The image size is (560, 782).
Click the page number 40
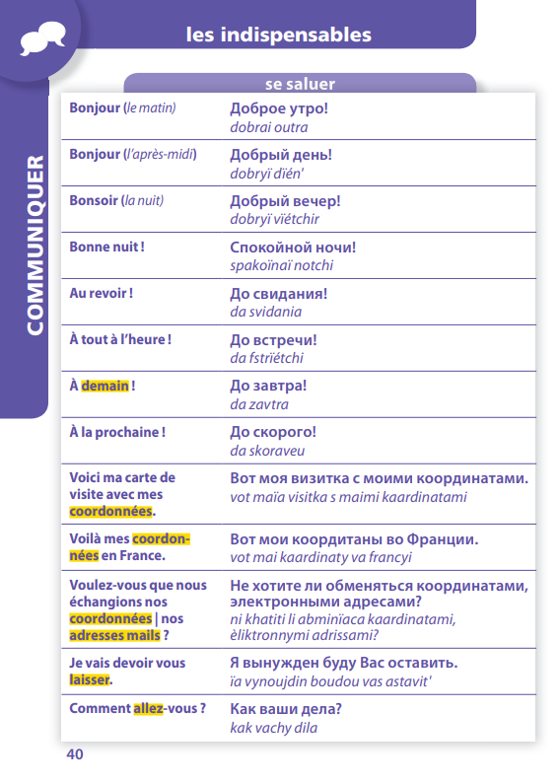pos(76,754)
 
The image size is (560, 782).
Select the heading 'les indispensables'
pos(279,36)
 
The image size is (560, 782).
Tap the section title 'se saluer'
pos(300,85)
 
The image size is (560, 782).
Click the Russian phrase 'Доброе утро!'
pos(278,108)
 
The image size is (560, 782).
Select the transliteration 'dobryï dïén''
pos(267,174)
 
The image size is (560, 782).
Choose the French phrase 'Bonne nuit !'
pos(106,247)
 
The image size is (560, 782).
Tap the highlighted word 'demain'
pos(105,386)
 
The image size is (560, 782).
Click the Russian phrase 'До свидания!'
pos(279,294)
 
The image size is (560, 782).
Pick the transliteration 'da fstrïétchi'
pos(266,358)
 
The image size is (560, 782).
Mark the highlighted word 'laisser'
pos(90,680)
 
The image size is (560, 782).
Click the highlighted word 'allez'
pos(148,709)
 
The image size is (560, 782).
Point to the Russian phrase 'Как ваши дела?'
pos(285,709)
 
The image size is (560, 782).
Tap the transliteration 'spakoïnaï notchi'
pos(281,265)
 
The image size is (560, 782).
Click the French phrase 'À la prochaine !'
pos(116,432)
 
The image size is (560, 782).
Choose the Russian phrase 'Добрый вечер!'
pos(285,201)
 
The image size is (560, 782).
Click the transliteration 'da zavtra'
pos(258,404)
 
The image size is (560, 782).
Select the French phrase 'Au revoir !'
pos(101,293)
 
